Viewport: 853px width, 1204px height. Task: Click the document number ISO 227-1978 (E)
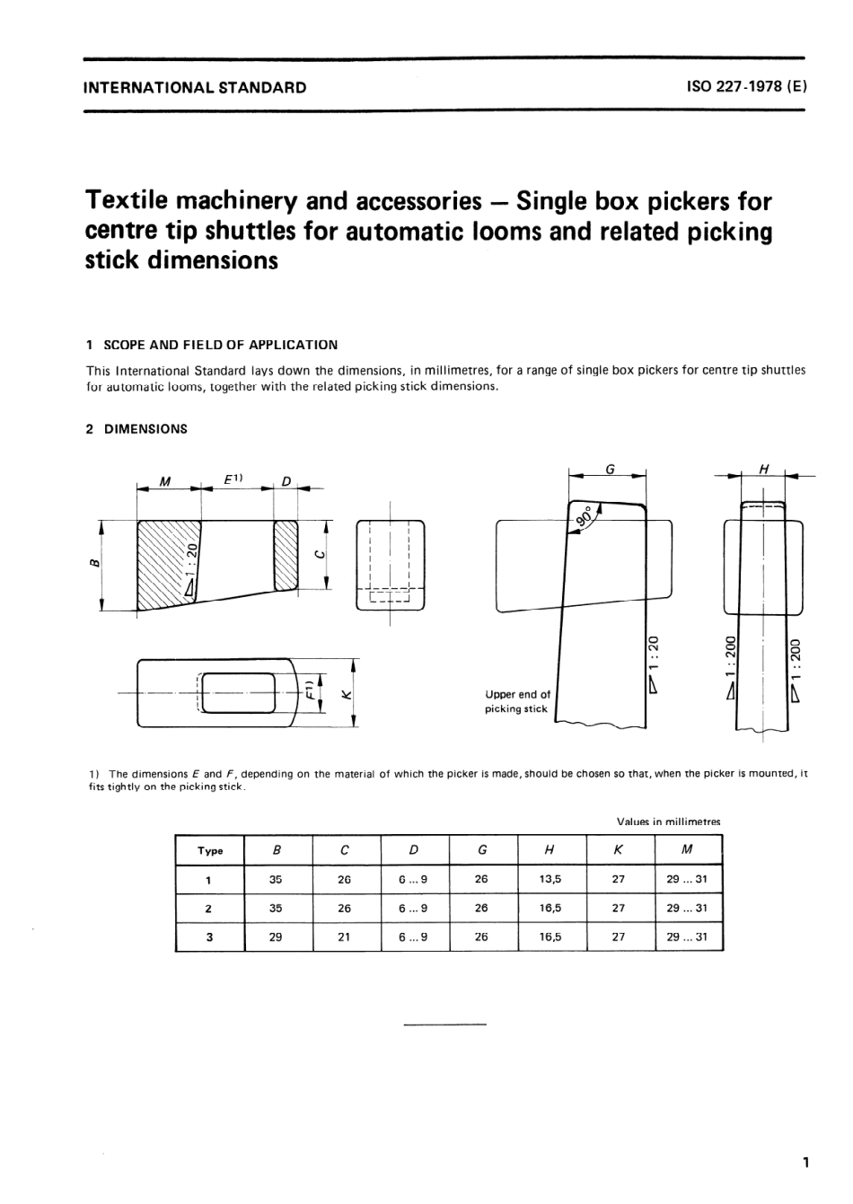(x=746, y=87)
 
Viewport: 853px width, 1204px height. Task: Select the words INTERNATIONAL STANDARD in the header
(x=194, y=88)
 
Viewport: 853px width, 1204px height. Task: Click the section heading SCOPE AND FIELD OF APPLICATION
(x=220, y=345)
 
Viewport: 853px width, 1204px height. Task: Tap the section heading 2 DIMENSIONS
(x=136, y=429)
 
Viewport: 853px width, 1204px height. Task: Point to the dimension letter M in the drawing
(x=164, y=481)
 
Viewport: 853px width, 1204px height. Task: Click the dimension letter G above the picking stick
(x=610, y=468)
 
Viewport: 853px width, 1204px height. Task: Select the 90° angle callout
(x=585, y=517)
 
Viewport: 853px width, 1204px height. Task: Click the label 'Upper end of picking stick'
(x=517, y=701)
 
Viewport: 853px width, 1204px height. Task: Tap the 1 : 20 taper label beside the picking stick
(x=654, y=655)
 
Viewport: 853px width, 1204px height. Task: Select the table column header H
(x=550, y=850)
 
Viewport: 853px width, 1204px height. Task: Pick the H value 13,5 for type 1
(x=550, y=880)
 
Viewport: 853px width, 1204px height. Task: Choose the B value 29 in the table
(x=276, y=936)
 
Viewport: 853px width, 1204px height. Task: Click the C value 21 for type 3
(x=344, y=936)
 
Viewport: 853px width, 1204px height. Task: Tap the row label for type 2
(x=209, y=909)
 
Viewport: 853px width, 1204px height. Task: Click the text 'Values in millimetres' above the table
(x=668, y=822)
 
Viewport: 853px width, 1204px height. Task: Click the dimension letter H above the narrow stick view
(x=764, y=468)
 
